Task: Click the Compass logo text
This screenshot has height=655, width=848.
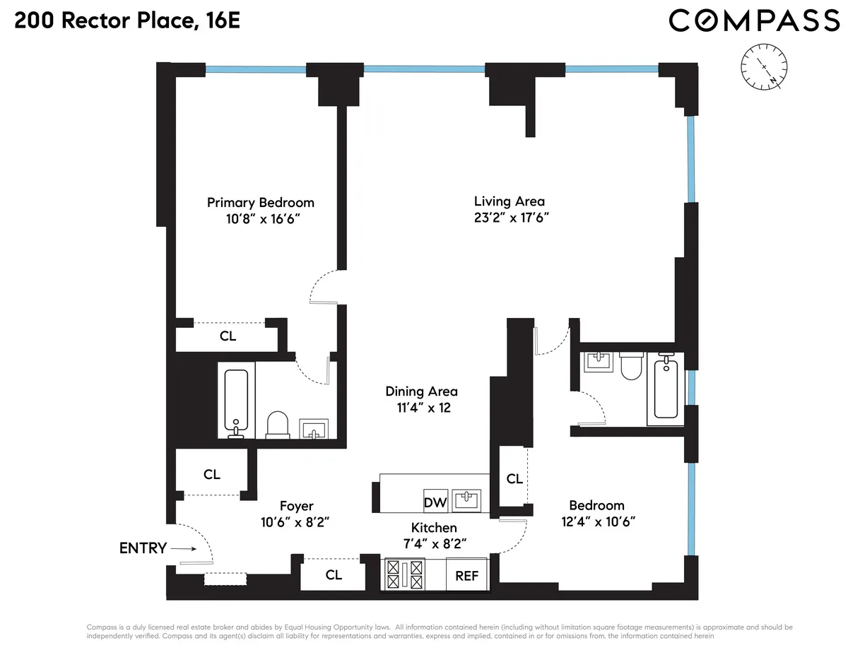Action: pos(754,20)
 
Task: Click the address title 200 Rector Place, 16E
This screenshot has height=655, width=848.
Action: pos(127,20)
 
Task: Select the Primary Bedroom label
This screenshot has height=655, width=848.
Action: pos(260,203)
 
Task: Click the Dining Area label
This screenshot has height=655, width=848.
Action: pos(421,391)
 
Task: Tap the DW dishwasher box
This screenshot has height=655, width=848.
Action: pos(435,502)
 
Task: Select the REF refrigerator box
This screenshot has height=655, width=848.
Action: pos(466,576)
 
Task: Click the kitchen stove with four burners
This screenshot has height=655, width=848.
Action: pos(404,574)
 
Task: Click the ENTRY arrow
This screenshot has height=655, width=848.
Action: pos(182,548)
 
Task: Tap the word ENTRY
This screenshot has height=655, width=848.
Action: pos(143,548)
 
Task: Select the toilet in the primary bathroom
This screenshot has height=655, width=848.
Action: pos(278,425)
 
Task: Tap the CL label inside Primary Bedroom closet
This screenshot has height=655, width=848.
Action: pos(228,336)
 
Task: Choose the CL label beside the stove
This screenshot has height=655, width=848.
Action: pos(334,575)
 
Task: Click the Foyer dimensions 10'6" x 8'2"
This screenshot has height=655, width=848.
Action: pos(296,523)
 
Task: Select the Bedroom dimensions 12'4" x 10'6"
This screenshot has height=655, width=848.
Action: pos(597,521)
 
